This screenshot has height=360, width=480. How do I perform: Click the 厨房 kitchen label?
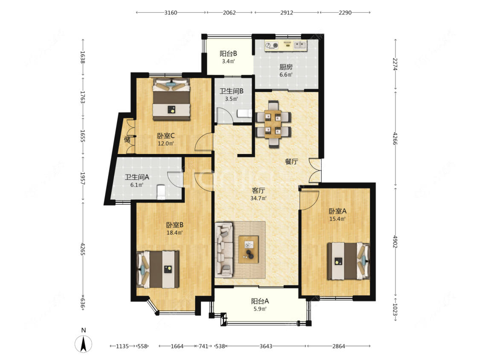(286, 67)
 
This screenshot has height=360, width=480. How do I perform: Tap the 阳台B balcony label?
(228, 54)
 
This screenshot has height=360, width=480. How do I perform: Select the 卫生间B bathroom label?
(231, 91)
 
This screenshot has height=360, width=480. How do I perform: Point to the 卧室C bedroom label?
(166, 136)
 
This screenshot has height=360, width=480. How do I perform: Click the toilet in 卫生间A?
(161, 192)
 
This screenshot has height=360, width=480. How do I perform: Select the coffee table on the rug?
(249, 249)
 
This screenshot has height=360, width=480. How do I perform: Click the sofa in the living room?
(224, 249)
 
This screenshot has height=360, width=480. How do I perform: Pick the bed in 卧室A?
(348, 261)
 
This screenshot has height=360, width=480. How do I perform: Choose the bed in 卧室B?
(158, 270)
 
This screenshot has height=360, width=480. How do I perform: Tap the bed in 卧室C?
(172, 99)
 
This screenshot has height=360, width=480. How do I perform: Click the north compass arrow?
(83, 344)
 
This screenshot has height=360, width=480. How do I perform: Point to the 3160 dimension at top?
(171, 12)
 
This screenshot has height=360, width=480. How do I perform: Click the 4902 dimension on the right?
(395, 242)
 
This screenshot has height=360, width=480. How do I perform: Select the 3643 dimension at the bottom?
(266, 346)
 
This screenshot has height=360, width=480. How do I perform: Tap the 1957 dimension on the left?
(82, 178)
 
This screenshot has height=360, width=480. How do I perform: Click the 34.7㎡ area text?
(259, 198)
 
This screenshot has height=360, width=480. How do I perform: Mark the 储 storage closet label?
(127, 140)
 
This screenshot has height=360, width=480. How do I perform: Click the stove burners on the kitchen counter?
(272, 46)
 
